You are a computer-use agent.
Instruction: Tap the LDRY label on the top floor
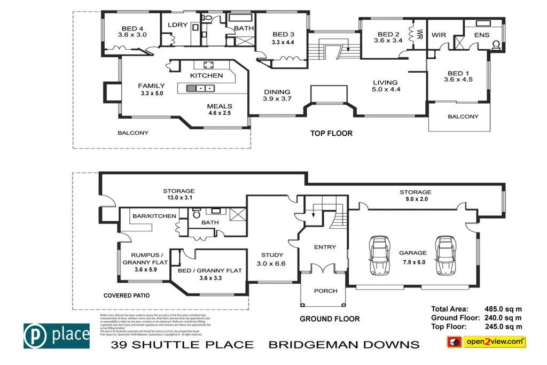pos(177,25)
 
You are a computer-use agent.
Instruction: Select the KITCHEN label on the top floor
pos(207,75)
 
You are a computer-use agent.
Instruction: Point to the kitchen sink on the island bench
pos(201,89)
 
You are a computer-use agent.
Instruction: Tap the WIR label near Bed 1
pos(439,34)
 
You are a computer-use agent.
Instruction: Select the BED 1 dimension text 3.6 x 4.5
pos(458,80)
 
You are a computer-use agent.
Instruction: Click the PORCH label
pos(326,291)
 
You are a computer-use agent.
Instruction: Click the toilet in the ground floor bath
pos(196,214)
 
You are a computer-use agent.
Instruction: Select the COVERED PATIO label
pos(126,295)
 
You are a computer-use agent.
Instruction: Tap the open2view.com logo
pos(486,341)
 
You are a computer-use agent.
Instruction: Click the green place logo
pos(57,335)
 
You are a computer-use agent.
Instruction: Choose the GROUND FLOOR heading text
pos(329,319)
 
